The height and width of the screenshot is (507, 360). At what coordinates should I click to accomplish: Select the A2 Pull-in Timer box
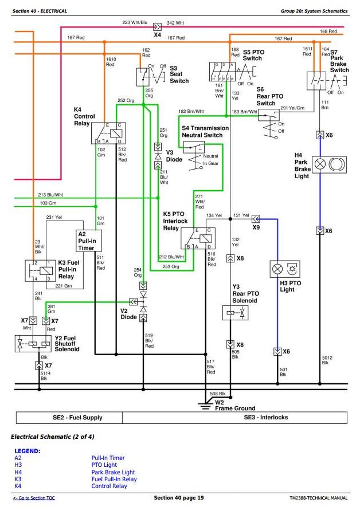tap(88, 241)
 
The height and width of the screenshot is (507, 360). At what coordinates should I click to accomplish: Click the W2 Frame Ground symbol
tap(204, 404)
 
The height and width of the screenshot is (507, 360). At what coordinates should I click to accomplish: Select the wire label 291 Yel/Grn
tap(292, 108)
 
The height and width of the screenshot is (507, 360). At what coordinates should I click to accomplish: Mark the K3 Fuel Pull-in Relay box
tap(41, 271)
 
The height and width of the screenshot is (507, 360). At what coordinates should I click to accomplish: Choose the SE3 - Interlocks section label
tap(270, 418)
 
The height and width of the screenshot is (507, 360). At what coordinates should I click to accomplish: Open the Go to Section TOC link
tap(34, 498)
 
